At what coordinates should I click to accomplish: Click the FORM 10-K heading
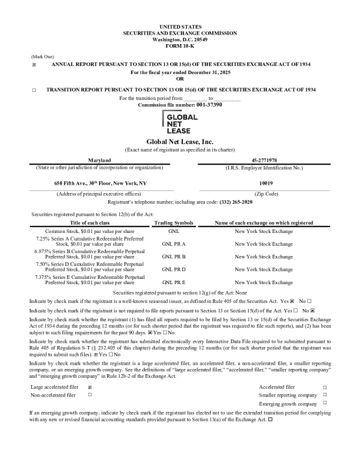coord(180,45)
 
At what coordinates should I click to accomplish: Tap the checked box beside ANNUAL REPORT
coord(34,64)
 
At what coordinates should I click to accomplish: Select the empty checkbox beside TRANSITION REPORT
coord(34,90)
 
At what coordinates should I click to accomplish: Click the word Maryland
coord(99,160)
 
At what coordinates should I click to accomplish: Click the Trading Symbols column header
coord(174,223)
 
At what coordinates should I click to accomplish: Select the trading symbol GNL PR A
coord(174,243)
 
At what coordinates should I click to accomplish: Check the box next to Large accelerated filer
coord(89,388)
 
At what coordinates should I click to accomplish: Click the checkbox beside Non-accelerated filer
coord(89,395)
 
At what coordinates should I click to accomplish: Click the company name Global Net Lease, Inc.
coord(180,142)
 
